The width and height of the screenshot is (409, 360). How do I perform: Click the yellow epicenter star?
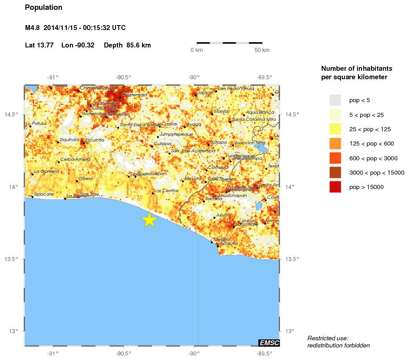tap(149, 219)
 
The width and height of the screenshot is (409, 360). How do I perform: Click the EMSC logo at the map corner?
tap(269, 343)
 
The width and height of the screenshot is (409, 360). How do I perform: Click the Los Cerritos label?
tap(166, 191)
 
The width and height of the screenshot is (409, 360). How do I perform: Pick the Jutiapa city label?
tap(219, 142)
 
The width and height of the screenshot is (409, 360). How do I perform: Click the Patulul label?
tap(39, 123)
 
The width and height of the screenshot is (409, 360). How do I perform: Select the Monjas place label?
tap(222, 111)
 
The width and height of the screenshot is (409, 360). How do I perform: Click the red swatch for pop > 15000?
tap(335, 187)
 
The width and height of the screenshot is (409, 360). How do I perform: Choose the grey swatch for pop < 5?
tap(335, 100)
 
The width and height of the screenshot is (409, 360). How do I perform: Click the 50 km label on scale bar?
tap(262, 50)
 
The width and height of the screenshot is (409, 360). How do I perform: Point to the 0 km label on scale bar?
tap(197, 50)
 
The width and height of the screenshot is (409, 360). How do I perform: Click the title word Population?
tap(43, 8)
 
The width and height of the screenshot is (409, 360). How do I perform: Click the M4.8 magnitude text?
tap(33, 28)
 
